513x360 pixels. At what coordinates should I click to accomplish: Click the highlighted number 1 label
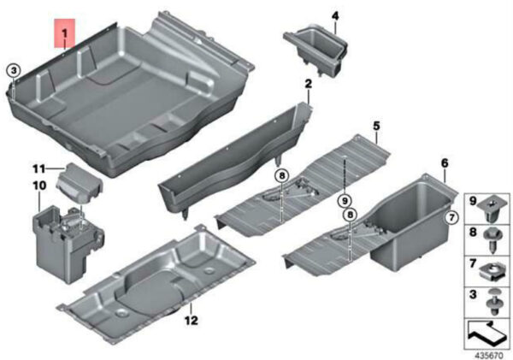[65, 33]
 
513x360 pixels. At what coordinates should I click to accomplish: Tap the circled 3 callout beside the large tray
[14, 70]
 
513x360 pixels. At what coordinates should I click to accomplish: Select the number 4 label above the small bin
[335, 15]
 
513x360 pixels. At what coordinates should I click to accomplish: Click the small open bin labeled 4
[316, 50]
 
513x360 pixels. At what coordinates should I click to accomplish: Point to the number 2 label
[308, 84]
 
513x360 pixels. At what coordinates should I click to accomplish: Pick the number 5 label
[376, 126]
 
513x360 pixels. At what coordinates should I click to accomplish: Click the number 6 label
[445, 162]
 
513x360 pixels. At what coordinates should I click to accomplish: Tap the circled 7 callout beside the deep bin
[451, 217]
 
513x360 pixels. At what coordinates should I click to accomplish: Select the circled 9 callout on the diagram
[345, 200]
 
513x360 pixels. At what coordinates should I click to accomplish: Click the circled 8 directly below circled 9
[350, 215]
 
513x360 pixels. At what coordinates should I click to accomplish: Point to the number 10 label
[39, 186]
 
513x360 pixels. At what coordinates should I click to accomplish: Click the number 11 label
[38, 169]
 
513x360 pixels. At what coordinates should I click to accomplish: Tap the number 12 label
[191, 320]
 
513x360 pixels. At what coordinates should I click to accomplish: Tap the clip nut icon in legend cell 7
[492, 272]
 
